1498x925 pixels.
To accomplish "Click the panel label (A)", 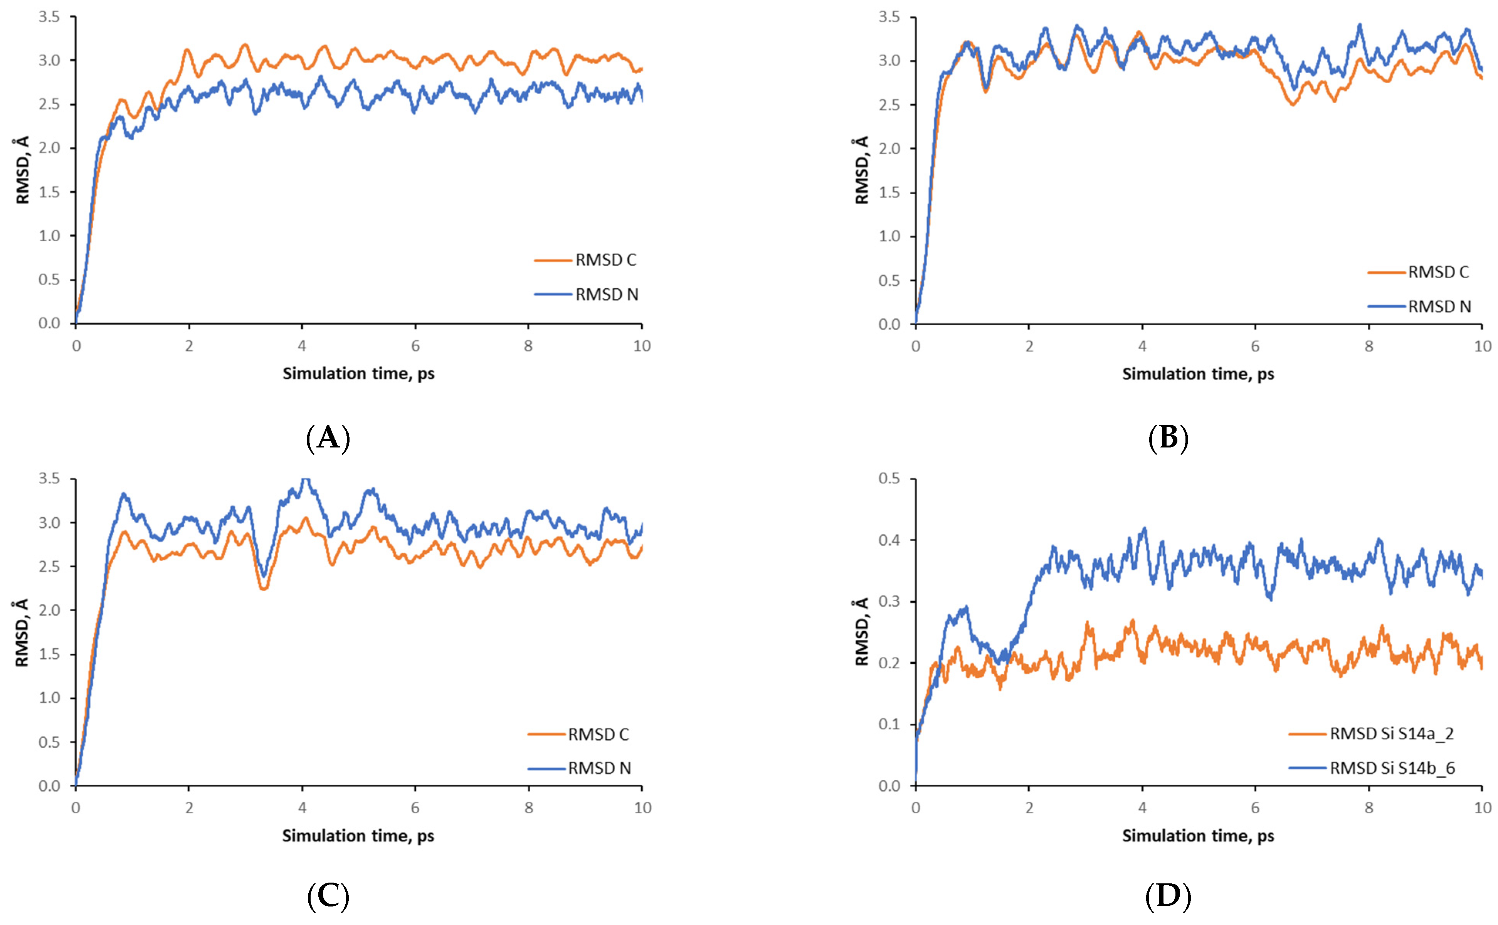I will click(328, 438).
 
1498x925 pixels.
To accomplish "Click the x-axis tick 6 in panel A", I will click(415, 346).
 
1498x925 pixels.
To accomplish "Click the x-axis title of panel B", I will click(1198, 374).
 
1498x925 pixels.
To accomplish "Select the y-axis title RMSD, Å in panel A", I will click(22, 170).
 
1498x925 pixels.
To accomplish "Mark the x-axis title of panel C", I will click(358, 836).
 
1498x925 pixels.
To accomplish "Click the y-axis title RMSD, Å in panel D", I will click(862, 632).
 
